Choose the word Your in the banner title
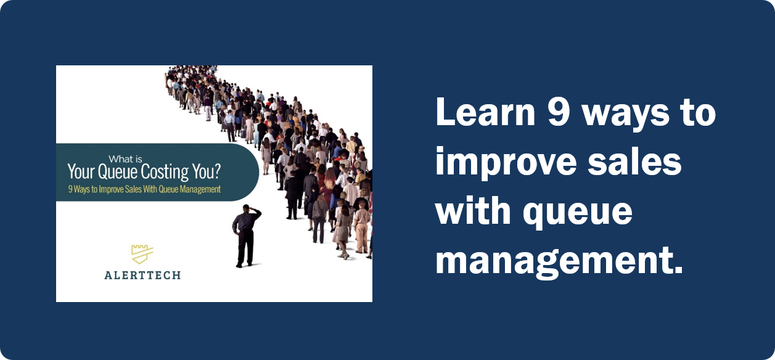pyautogui.click(x=80, y=172)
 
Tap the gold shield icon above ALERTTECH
pyautogui.click(x=142, y=253)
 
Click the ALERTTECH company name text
pyautogui.click(x=142, y=275)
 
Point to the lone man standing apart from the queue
pyautogui.click(x=245, y=237)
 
